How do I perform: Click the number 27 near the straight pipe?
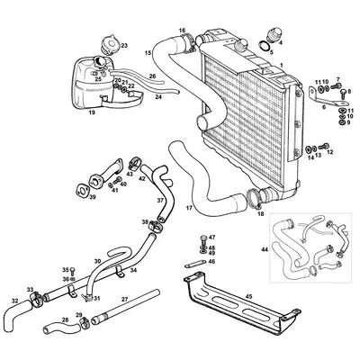point(124,298)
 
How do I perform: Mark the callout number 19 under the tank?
point(92,113)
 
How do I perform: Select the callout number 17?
point(189,208)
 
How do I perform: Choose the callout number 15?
point(148,54)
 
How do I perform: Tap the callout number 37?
point(160,201)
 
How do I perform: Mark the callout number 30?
point(97,263)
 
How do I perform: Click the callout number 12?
point(329,152)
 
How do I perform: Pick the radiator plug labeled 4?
point(266,40)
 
